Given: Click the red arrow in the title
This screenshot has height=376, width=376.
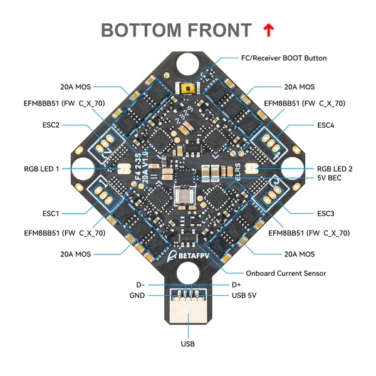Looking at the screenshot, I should click(x=268, y=29).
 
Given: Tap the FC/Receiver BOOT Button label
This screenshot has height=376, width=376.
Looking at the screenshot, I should click(x=283, y=58).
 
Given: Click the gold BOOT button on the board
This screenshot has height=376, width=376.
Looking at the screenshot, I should click(x=186, y=90).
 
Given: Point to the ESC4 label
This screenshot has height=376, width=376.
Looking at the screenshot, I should click(x=326, y=125).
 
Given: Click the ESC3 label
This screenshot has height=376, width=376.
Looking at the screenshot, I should click(x=326, y=213).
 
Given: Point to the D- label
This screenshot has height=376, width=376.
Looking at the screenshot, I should click(x=140, y=285).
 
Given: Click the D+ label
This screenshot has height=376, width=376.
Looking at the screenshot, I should click(x=236, y=285).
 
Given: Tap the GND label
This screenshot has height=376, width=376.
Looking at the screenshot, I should click(x=137, y=295).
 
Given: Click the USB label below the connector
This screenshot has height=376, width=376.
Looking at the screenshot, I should click(x=187, y=343).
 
